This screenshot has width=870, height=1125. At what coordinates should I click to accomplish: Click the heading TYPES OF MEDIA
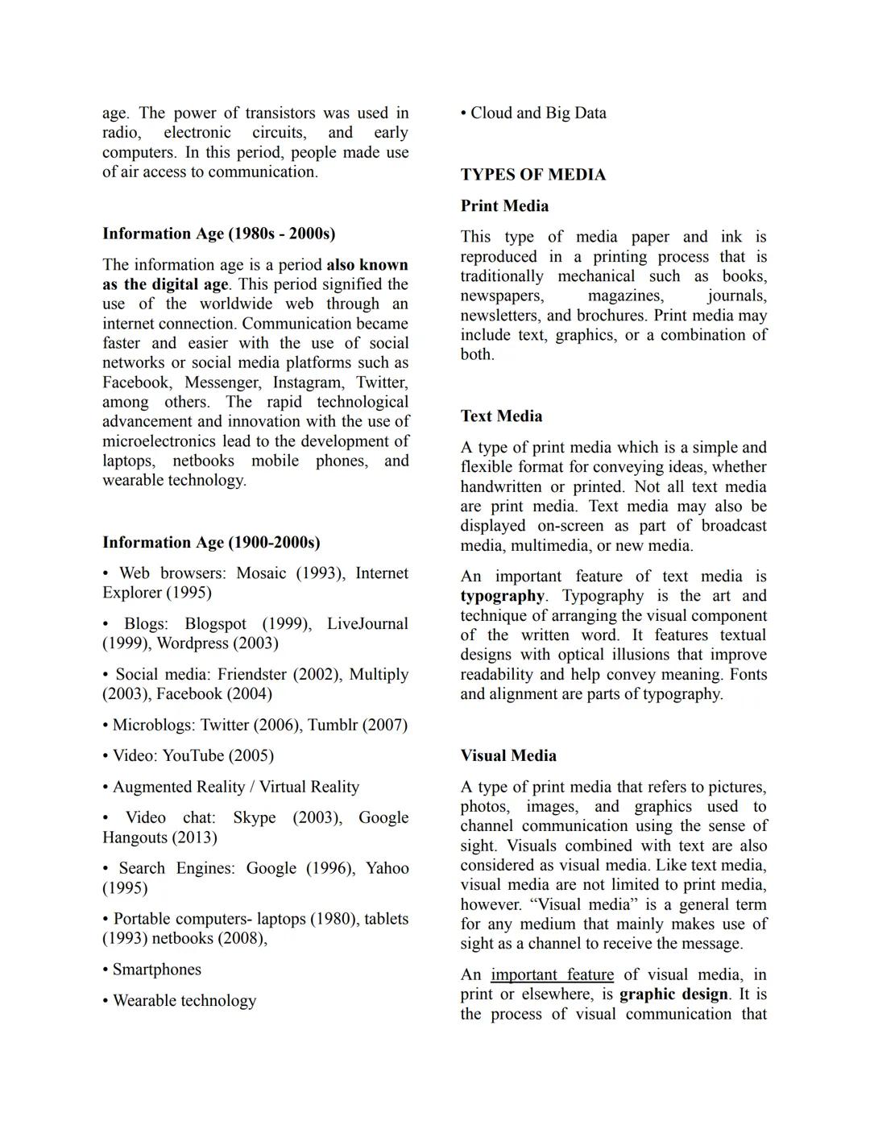(x=532, y=175)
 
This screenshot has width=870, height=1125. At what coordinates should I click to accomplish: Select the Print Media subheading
(x=504, y=206)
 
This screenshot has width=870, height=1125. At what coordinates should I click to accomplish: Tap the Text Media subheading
(x=501, y=416)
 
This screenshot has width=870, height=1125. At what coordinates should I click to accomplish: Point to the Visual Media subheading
(x=508, y=756)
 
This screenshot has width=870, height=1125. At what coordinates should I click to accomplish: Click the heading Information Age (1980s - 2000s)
(x=218, y=234)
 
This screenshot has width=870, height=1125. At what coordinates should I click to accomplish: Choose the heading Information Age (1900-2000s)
(x=211, y=543)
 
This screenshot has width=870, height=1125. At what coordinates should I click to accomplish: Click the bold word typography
(x=502, y=596)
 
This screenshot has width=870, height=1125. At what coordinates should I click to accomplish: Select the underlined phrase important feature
(x=552, y=975)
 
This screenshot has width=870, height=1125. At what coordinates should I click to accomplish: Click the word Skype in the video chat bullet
(x=254, y=818)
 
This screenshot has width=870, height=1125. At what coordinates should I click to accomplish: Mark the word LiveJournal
(x=367, y=624)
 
